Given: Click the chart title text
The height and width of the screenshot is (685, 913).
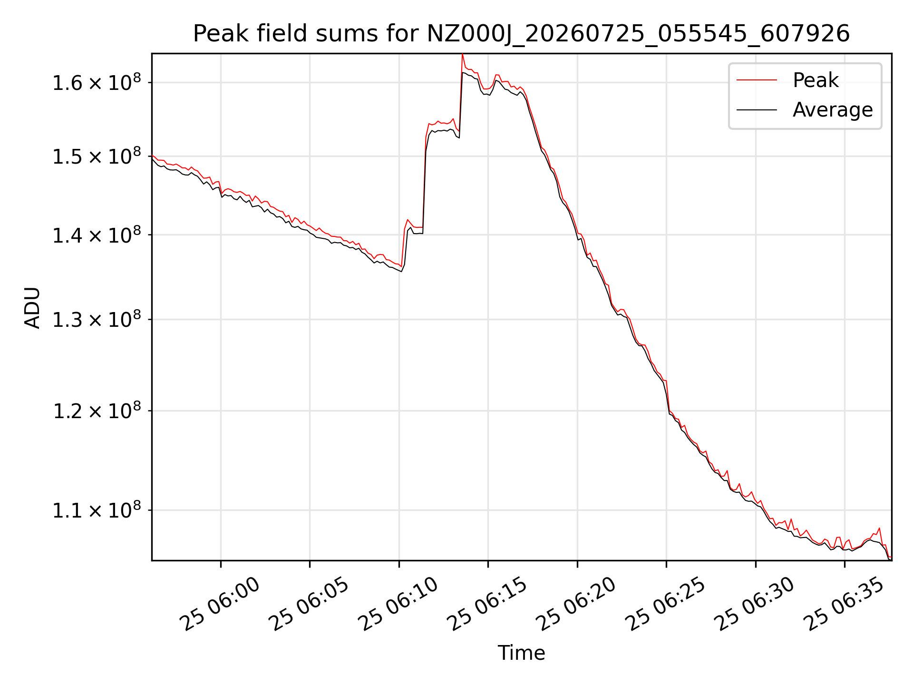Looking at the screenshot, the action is tap(521, 34).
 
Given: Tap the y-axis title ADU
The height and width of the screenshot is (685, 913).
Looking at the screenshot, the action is tap(32, 307).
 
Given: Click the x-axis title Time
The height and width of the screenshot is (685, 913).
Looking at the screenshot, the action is tap(521, 653).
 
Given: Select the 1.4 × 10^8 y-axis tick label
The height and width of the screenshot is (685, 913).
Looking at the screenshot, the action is tap(97, 235).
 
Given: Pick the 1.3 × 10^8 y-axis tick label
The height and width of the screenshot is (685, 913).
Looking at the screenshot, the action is tap(97, 319).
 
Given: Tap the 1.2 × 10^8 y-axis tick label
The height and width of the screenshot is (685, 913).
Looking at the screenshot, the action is tap(97, 410).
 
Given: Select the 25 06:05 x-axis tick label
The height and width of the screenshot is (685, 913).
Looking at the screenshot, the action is tap(309, 604).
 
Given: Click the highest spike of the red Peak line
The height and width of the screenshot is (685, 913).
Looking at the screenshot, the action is tap(462, 54).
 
